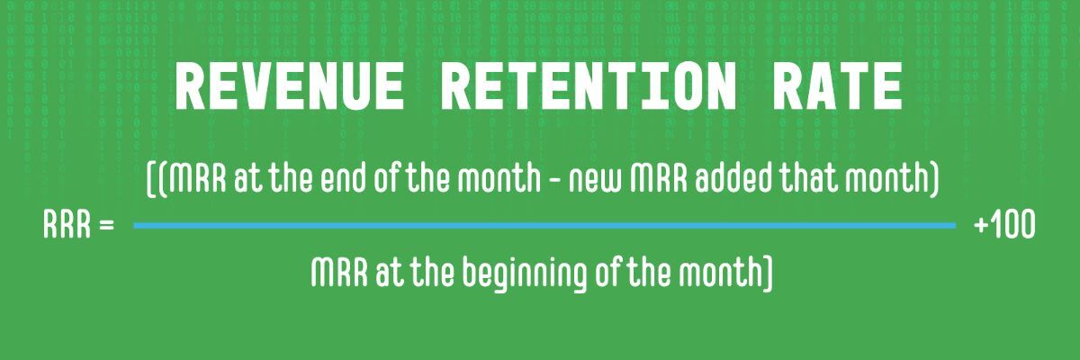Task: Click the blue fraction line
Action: [544, 225]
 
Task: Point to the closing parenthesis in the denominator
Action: [768, 272]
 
